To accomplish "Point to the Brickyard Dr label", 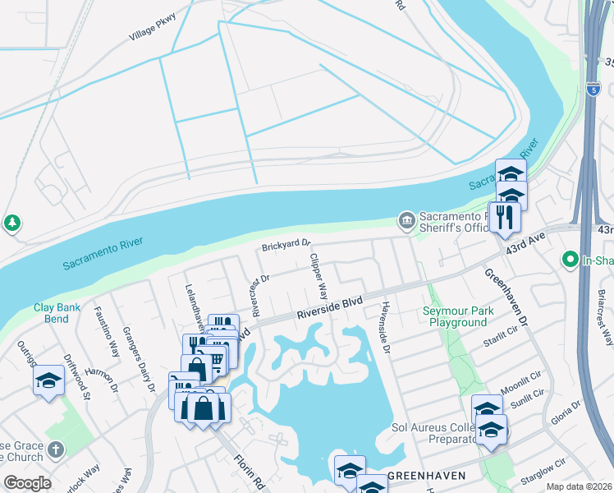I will point(286,245).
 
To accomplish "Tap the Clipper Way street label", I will point(318,275).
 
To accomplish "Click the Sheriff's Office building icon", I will point(406,220).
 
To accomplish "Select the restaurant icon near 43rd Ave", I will point(504,217).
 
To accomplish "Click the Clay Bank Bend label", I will point(57,313).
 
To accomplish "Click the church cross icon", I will point(56,449).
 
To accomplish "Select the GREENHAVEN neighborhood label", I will point(427,476).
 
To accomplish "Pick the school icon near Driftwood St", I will point(49,380).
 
